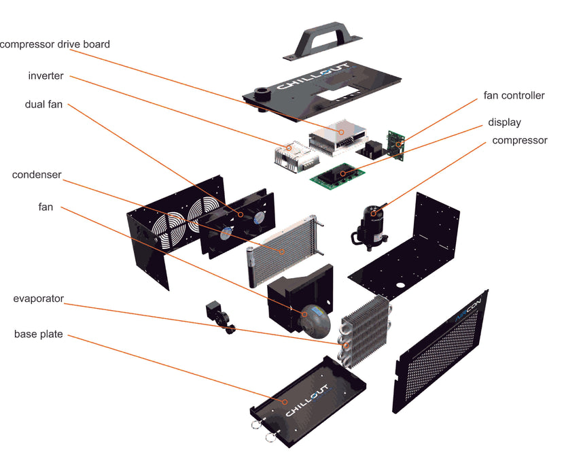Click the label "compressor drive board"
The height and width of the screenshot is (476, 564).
tap(54, 44)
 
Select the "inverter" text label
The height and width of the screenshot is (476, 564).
tap(46, 75)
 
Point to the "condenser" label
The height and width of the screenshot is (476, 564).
tap(37, 175)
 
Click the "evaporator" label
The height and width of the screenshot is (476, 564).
tap(38, 299)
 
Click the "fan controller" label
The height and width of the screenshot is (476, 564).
tap(514, 96)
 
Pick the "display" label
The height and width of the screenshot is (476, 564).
tap(504, 122)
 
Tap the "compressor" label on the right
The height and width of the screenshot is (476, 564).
tap(519, 141)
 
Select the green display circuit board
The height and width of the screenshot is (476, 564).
tap(338, 173)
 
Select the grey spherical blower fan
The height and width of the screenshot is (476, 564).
tap(316, 318)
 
